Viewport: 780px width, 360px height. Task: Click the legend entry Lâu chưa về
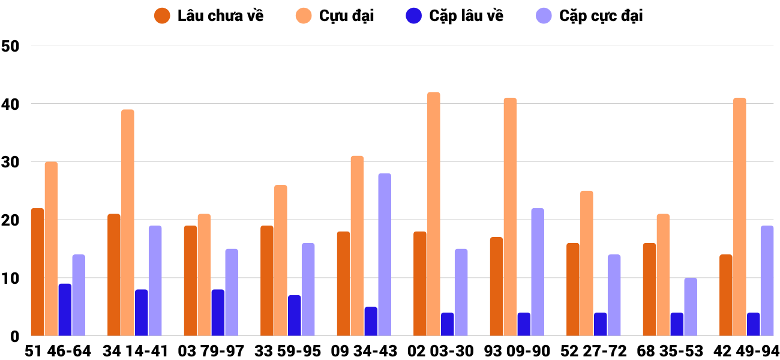(x=209, y=16)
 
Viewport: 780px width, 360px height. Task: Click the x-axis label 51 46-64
(x=58, y=351)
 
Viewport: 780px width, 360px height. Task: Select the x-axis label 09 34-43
(x=364, y=351)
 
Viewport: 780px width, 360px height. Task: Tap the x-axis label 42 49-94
(x=746, y=351)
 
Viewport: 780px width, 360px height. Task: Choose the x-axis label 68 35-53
(x=670, y=351)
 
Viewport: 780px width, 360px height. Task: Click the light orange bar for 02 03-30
(x=434, y=214)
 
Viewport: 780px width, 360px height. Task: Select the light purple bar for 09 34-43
(x=385, y=254)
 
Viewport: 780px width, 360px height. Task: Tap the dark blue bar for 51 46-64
(x=65, y=310)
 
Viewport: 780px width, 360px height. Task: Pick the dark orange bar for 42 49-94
(x=726, y=295)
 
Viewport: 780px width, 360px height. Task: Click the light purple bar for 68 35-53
(x=691, y=307)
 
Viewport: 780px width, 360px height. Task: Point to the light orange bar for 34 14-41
(x=128, y=223)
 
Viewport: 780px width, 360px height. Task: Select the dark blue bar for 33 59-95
(x=295, y=316)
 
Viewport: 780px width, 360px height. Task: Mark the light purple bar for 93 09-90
(x=538, y=272)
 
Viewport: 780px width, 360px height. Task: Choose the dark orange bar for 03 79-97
(x=190, y=281)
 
